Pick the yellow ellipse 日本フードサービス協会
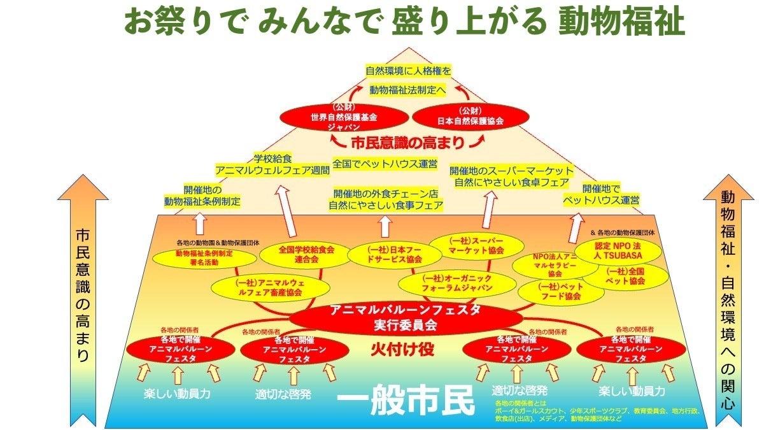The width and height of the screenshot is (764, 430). coord(387,254)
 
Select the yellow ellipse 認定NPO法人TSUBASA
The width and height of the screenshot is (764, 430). coord(618,250)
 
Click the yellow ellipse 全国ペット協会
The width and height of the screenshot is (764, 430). coord(625,276)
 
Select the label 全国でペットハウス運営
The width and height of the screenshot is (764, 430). coord(386,164)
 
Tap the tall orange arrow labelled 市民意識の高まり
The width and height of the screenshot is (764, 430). coord(83,299)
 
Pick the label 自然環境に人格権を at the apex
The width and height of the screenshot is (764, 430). coord(408,70)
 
